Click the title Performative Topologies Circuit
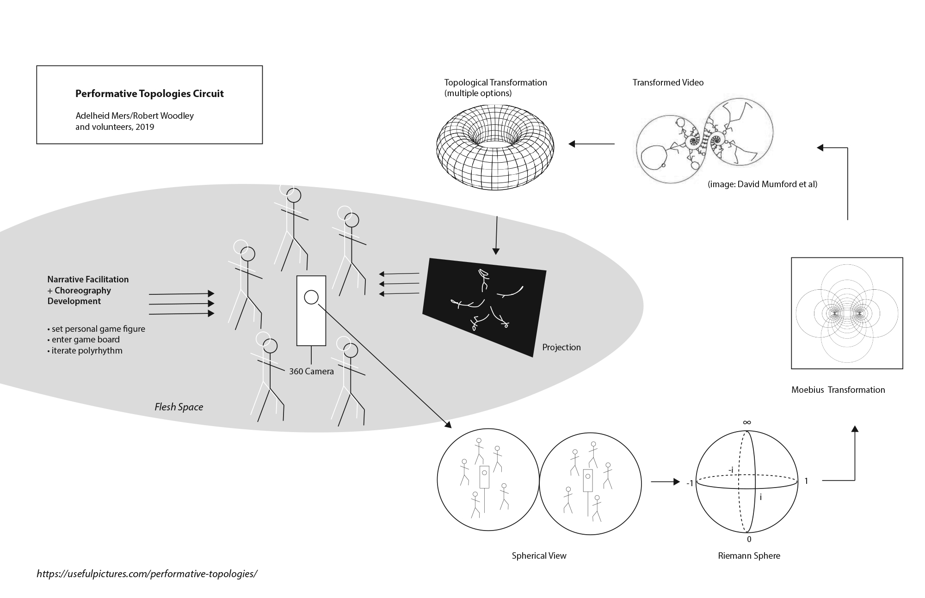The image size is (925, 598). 149,94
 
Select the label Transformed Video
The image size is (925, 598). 668,83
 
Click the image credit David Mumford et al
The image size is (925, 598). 762,184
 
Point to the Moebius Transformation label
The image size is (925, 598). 838,390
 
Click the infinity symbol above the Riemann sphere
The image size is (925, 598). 747,422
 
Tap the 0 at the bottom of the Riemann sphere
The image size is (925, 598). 749,539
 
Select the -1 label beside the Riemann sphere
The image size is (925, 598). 690,483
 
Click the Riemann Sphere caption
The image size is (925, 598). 749,556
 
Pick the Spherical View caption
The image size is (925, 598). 539,556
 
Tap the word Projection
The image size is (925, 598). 561,348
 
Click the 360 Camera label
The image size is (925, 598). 311,372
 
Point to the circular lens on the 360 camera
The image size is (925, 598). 311,298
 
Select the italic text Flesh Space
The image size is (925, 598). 179,407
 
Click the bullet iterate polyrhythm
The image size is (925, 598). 86,351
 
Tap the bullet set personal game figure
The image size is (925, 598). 97,329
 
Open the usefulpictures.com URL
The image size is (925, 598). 147,574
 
